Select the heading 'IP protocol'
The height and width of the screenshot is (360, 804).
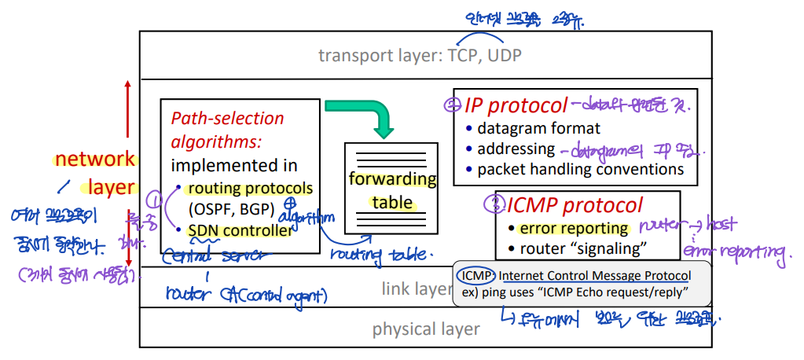coord(516,106)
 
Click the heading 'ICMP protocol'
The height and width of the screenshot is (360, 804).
coord(575,206)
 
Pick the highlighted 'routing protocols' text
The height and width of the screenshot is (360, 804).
coord(249,189)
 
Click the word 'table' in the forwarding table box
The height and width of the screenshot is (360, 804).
coord(392,203)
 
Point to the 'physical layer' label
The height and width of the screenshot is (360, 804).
coord(426,329)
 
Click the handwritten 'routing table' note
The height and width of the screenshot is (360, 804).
coord(378,255)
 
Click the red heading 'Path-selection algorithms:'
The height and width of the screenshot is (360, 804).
coord(228,130)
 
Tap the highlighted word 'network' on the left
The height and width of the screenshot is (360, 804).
coord(94,160)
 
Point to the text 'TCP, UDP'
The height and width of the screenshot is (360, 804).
coord(485,55)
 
